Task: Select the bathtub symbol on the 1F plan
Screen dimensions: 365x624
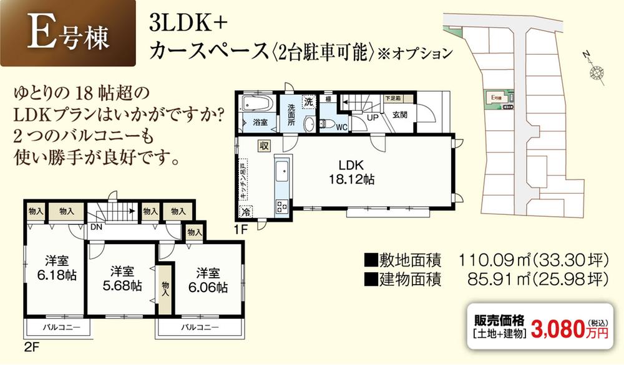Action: click(x=255, y=102)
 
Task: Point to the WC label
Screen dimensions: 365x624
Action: click(x=341, y=128)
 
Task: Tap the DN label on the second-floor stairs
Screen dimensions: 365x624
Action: click(x=95, y=228)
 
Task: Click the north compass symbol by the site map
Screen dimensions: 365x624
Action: click(x=596, y=72)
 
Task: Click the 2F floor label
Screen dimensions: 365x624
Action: click(x=31, y=347)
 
